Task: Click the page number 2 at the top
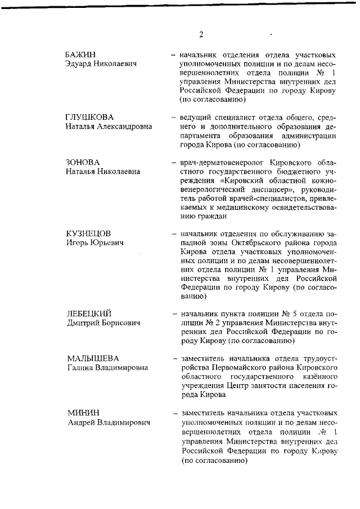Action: (201, 34)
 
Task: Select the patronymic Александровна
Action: (124, 127)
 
